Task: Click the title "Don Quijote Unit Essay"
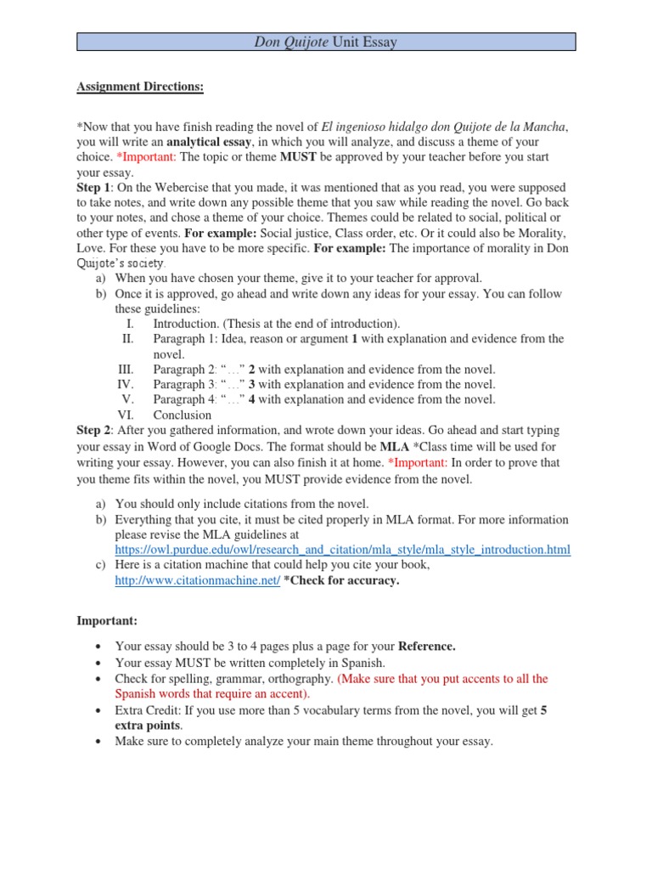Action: tap(326, 42)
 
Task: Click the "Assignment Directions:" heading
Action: tap(140, 88)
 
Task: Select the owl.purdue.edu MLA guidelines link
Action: tap(343, 550)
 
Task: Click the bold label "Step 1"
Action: tap(93, 187)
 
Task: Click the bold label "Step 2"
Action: tap(93, 431)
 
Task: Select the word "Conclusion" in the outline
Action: tap(182, 415)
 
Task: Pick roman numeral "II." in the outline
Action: tap(128, 339)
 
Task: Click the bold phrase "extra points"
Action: tap(149, 725)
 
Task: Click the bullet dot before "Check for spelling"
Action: tap(99, 679)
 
